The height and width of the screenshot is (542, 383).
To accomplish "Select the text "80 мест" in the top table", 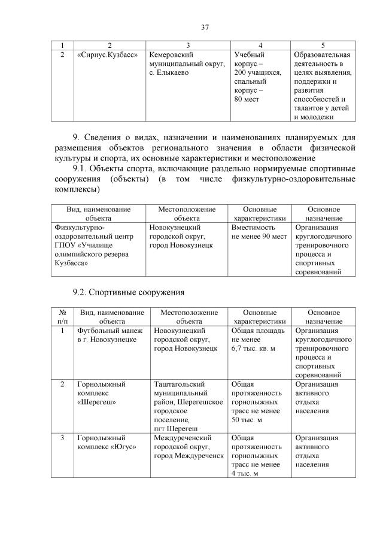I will coord(247,98).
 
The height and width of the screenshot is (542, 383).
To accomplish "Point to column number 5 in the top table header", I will coord(323,45).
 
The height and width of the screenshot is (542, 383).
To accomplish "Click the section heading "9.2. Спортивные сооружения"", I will coord(128,292).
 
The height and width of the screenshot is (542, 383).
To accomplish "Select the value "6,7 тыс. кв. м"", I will coord(253,348).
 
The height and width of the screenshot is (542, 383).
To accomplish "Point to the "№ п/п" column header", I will coord(62,316).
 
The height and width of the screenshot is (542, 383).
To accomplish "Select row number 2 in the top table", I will coord(63,55).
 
